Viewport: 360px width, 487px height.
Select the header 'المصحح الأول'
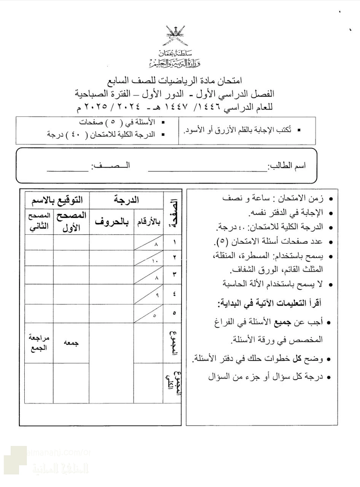click(71, 221)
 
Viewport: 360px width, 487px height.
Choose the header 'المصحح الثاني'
click(39, 221)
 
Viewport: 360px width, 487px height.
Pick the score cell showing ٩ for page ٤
click(148, 294)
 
